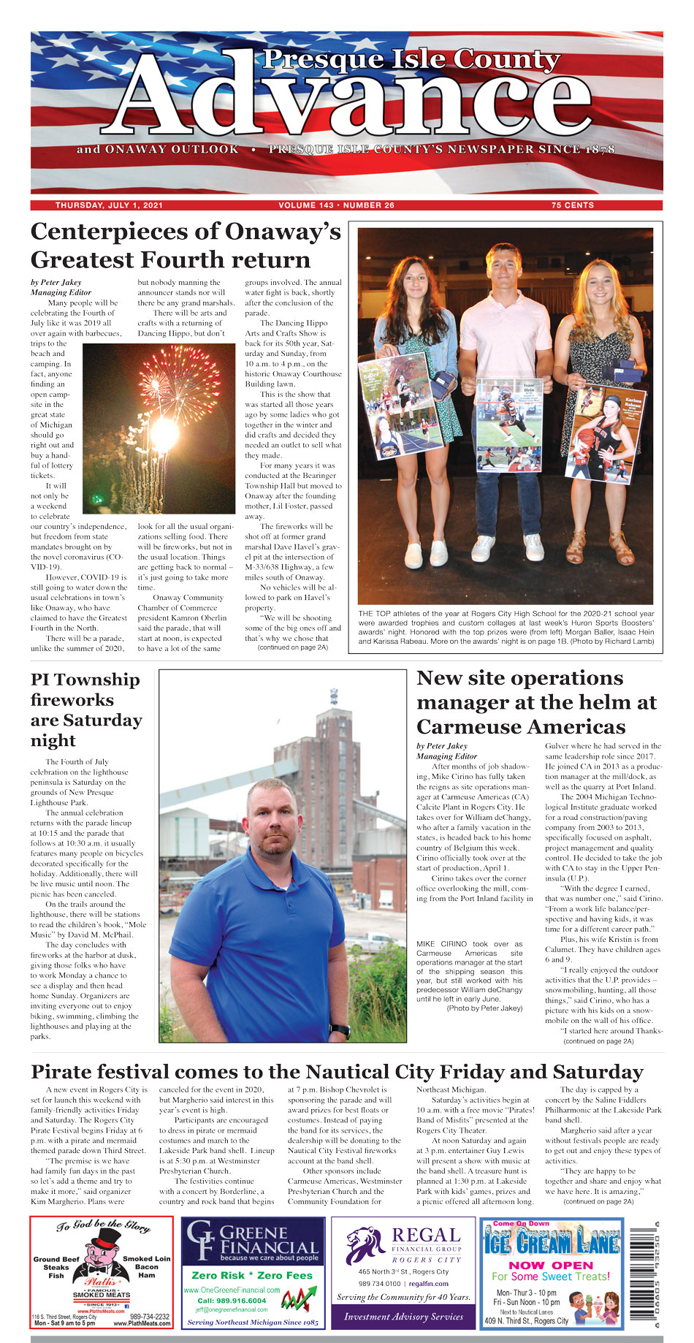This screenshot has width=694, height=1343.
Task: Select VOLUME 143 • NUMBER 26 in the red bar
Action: [336, 205]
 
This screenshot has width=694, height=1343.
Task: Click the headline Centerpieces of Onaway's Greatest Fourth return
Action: [186, 246]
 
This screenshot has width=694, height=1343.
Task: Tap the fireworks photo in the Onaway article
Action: [159, 428]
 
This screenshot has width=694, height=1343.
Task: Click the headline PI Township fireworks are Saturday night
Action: [85, 709]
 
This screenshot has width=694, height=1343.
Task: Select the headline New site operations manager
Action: [536, 702]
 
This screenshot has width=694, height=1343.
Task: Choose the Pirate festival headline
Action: [337, 1072]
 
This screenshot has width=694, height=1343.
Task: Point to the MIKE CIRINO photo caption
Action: [469, 975]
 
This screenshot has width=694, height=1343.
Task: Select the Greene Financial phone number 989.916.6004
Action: [232, 1301]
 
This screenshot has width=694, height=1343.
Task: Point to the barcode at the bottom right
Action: [646, 1272]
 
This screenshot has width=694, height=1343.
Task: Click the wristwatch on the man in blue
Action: [339, 1031]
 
